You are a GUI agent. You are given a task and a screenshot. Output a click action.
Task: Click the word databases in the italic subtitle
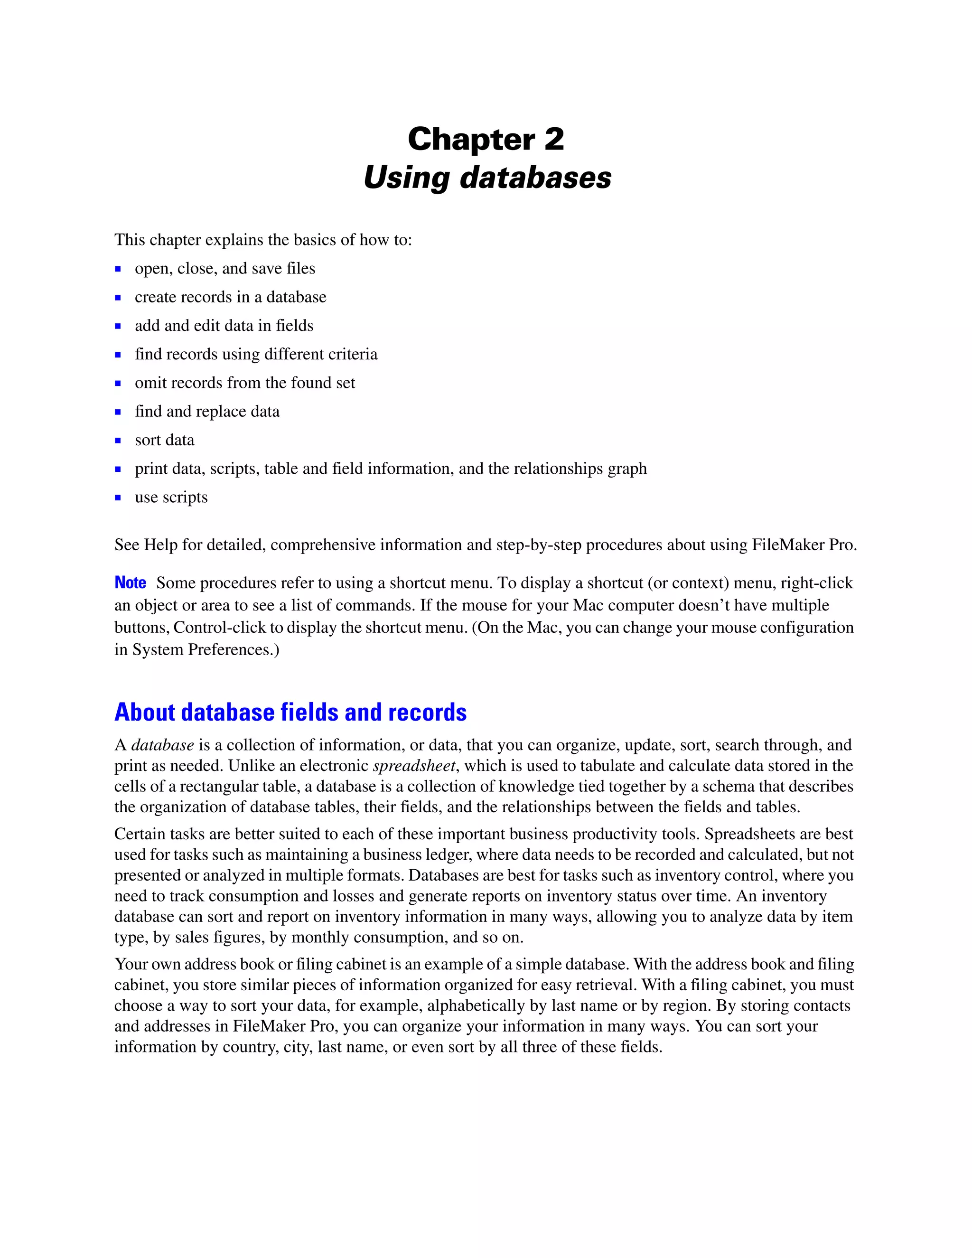535,178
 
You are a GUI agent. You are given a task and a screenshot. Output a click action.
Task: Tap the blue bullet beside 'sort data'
118,441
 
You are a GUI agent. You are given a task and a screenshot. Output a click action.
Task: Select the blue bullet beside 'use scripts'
118,498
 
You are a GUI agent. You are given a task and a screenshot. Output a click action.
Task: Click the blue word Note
130,583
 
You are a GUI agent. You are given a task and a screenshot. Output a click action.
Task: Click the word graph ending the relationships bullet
627,469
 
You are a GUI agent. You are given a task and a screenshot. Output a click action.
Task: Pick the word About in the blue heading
144,713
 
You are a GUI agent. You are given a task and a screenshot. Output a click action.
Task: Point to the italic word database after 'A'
162,745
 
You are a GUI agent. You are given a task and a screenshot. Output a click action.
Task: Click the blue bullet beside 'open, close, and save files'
118,269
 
